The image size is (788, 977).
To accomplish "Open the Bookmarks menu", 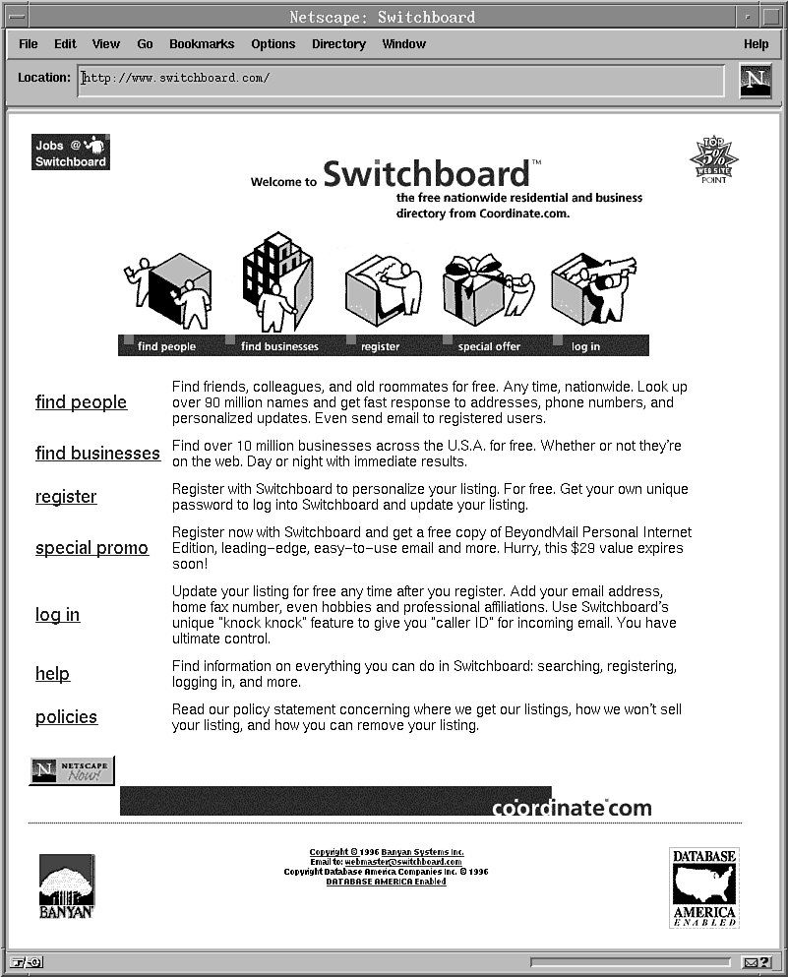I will (202, 44).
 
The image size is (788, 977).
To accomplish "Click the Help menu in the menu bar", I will (756, 44).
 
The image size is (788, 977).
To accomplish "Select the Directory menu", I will (338, 44).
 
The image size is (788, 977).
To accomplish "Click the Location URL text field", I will (400, 79).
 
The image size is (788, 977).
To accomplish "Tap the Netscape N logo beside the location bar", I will (756, 80).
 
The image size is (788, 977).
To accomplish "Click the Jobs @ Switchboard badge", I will (71, 153).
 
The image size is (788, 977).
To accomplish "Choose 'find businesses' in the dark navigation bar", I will (279, 346).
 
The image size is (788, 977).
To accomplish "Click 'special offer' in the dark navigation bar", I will (489, 346).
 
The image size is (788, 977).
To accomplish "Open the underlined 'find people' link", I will (81, 402).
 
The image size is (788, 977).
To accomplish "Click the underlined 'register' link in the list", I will (66, 497).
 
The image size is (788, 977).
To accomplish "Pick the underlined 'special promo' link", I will (91, 548).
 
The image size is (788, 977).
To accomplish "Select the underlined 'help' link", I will (52, 674).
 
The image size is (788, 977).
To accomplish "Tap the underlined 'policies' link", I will (66, 717).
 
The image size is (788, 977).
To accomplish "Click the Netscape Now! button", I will (72, 770).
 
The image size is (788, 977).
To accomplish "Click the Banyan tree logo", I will (67, 885).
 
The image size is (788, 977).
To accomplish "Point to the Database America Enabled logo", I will (704, 887).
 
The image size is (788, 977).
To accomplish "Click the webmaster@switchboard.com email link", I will (402, 862).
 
